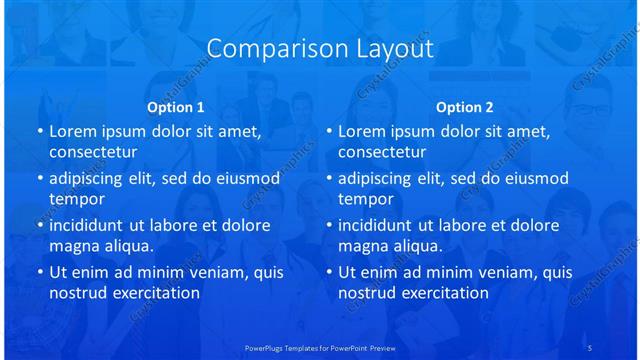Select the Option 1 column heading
point(176,106)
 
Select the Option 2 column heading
point(465,106)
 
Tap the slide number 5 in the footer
point(590,347)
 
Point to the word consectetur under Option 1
point(93,152)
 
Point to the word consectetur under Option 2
point(382,152)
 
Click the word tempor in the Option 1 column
point(75,199)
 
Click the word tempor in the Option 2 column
point(364,199)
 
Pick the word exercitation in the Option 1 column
point(153,293)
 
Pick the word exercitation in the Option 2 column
point(442,293)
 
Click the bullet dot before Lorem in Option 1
point(40,131)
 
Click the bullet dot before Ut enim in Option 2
point(329,272)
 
